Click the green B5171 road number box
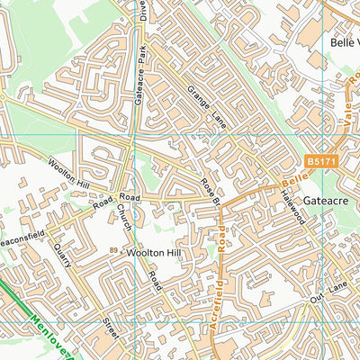pyautogui.click(x=319, y=161)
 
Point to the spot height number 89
pyautogui.click(x=113, y=251)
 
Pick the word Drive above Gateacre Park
pyautogui.click(x=142, y=11)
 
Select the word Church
pyautogui.click(x=123, y=221)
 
